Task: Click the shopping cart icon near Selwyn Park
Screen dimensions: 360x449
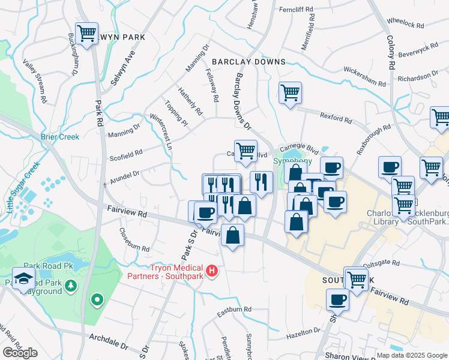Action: coord(86,34)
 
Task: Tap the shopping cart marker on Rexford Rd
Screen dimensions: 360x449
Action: coord(290,93)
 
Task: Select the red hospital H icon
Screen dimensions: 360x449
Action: coord(211,272)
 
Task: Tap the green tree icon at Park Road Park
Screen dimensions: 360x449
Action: coord(71,284)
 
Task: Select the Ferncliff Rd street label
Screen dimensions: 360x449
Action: coord(297,9)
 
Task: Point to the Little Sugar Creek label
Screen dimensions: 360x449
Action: coord(23,187)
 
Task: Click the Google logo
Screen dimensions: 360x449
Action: coord(20,353)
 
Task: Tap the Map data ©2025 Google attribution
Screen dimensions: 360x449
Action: coord(411,355)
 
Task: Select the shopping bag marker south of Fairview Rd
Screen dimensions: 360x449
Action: coord(232,235)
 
